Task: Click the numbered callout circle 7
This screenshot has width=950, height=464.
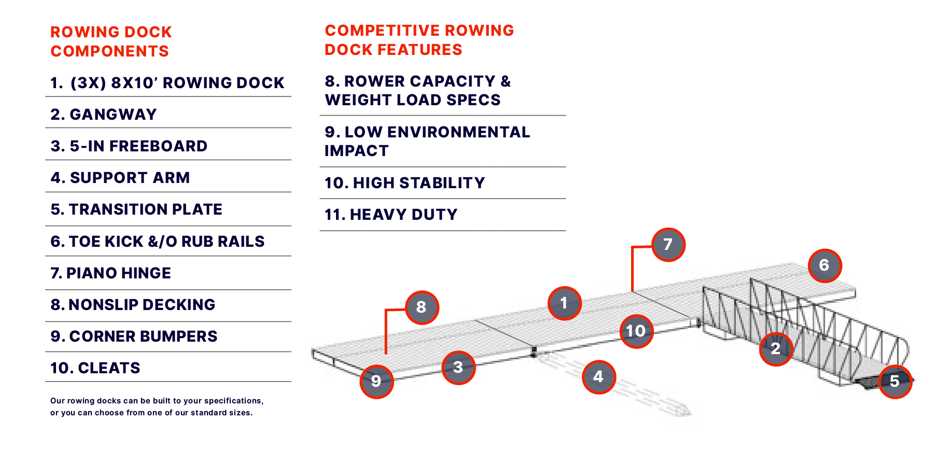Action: point(668,244)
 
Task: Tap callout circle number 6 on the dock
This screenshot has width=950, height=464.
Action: point(825,265)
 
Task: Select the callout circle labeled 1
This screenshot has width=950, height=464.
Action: point(564,303)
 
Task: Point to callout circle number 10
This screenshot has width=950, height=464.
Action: point(636,331)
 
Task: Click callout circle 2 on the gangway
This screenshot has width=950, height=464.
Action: point(776,348)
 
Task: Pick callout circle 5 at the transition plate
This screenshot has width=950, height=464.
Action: point(895,381)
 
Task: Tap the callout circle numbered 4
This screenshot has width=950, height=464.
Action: point(598,376)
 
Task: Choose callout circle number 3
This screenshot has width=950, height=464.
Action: point(458,367)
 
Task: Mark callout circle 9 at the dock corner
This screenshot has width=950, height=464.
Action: point(376,381)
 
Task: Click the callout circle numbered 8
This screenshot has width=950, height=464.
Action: point(422,307)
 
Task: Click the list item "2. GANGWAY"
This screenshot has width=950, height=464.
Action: point(104,115)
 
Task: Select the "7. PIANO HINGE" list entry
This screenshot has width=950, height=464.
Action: point(110,273)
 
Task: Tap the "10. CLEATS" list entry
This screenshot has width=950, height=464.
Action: point(95,368)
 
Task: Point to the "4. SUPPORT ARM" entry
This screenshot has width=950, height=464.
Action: point(120,178)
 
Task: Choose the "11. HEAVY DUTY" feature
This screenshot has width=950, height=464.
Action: point(391,215)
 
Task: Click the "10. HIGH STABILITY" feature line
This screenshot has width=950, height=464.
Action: point(405,183)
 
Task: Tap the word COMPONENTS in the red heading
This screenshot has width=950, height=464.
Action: point(110,51)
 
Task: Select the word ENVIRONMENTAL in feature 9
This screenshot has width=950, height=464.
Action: point(458,132)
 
